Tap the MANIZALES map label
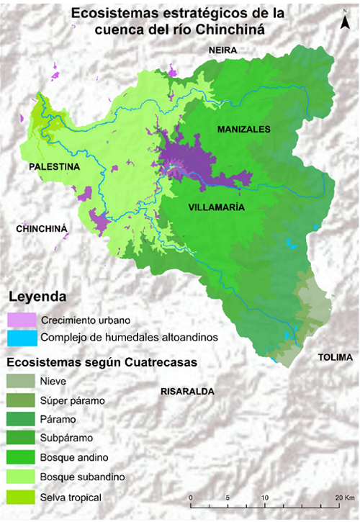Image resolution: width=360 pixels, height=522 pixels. (x=243, y=129)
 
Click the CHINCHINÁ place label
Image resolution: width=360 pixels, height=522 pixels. (x=41, y=228)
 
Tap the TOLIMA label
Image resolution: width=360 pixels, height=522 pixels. (x=335, y=358)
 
